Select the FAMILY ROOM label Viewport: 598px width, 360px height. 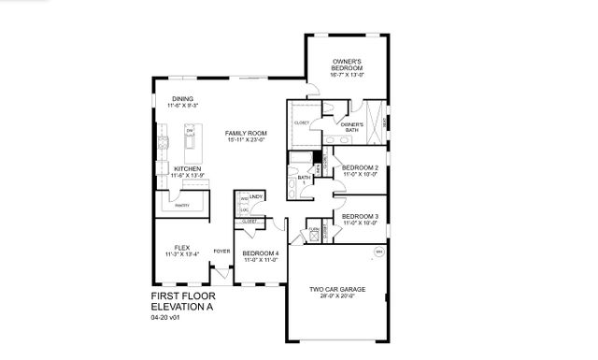[x=246, y=134]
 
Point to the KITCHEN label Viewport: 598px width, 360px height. [x=188, y=169]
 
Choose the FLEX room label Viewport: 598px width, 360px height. [x=181, y=247]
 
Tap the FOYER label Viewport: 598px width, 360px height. [x=221, y=252]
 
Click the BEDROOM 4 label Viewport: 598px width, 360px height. [x=260, y=253]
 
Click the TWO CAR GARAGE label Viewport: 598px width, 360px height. [x=338, y=289]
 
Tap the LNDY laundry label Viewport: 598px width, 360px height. [x=256, y=196]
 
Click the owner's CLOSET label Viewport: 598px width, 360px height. [x=302, y=123]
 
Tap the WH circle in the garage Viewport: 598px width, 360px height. [x=379, y=252]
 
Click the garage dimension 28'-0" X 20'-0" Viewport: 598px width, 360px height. [x=338, y=297]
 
